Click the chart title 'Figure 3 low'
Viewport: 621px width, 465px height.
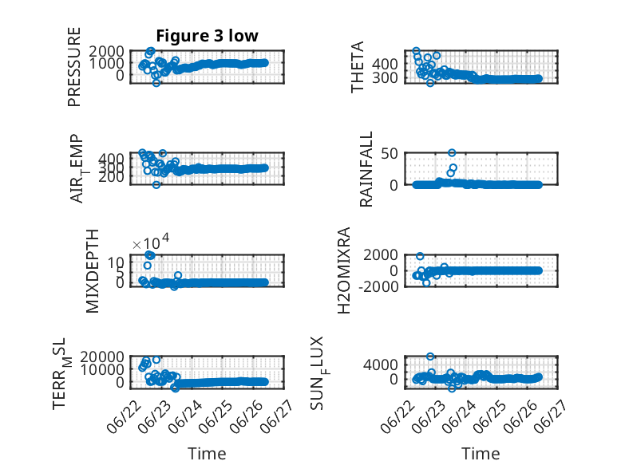pos(207,36)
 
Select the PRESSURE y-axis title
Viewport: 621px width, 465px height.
pos(74,67)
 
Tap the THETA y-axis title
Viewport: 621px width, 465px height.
pos(358,67)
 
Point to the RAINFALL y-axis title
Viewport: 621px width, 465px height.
pos(366,169)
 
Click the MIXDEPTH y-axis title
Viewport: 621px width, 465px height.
pos(92,271)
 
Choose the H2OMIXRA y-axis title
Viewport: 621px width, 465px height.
pos(344,270)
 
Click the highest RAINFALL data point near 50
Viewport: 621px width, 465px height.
pos(452,153)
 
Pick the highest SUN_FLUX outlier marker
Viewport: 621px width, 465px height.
pos(430,357)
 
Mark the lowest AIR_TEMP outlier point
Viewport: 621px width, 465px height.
pos(156,185)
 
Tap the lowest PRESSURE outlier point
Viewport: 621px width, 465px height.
pos(156,83)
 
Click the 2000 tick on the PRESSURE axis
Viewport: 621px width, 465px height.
pos(106,51)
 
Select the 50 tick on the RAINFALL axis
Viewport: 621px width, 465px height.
pos(390,154)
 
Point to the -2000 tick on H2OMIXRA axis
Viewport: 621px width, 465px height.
pos(378,286)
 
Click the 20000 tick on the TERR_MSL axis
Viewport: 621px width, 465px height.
pos(102,357)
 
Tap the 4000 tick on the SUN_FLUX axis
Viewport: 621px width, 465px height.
pos(381,365)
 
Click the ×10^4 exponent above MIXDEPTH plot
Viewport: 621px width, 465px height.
pos(151,242)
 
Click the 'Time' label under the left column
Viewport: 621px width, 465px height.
pos(207,454)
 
